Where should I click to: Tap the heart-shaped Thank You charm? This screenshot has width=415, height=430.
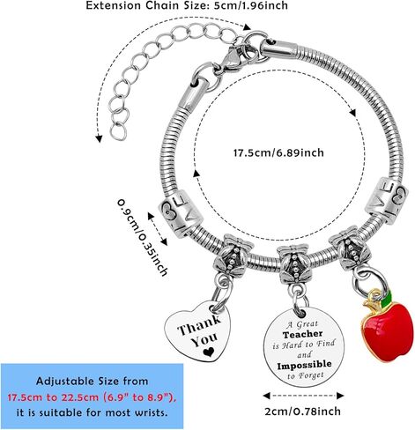coord(198,331)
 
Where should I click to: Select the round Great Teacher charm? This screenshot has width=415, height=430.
coord(304,347)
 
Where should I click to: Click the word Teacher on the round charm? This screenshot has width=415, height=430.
coord(303,334)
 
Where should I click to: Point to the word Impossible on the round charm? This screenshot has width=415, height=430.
coord(304,365)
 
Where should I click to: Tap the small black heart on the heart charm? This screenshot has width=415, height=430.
coord(209,352)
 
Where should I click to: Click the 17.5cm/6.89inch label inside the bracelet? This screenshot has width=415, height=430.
coord(278,152)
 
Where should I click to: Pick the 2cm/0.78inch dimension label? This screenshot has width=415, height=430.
coord(303,411)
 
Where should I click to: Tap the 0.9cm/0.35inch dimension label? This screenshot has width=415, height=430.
coord(143,237)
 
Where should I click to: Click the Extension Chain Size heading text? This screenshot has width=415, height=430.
coord(187,5)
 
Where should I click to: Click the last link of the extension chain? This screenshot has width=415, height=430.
coord(119,132)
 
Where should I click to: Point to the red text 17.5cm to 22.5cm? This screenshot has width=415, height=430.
coord(92,397)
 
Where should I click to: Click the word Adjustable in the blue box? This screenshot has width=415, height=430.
coord(63,382)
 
